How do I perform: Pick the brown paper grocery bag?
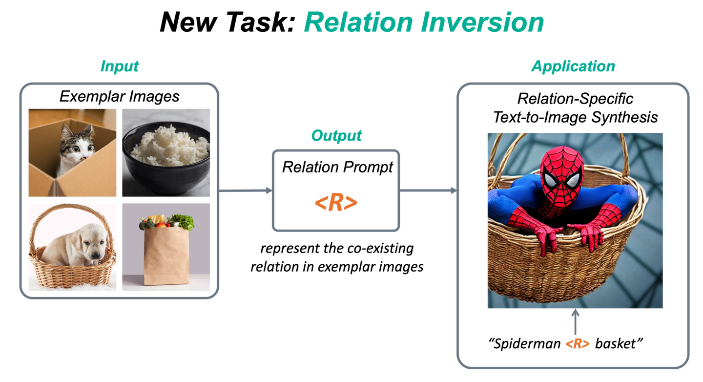point(166,256)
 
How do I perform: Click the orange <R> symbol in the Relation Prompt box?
point(336,203)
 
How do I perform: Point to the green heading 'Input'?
point(120,66)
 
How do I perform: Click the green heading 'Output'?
point(336,136)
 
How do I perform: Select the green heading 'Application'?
point(573,66)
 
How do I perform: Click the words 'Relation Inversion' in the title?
point(424,22)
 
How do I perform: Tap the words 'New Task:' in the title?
point(227,22)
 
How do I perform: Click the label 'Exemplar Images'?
point(119,96)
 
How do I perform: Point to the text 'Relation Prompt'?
point(337,168)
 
